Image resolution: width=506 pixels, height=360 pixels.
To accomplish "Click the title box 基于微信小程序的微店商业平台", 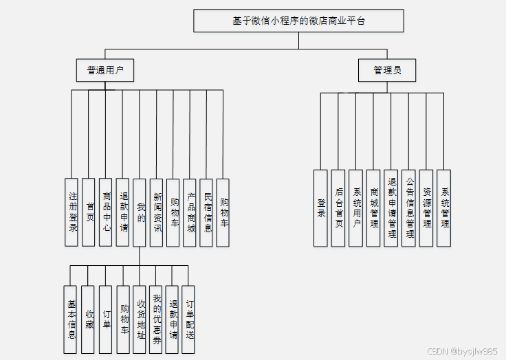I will point(298,21).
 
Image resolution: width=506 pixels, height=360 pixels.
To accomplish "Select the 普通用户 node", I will point(105,70).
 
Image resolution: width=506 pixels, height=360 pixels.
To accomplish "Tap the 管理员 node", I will point(387,70).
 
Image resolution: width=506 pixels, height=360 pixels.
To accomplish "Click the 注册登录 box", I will point(72,212).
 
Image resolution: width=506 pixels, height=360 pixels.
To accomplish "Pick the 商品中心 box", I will point(106,212).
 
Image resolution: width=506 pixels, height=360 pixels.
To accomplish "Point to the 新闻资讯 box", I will point(157,212).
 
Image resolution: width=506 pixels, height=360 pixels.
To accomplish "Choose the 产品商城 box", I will point(190,212).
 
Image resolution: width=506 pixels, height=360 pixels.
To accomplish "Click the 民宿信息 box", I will point(207,212).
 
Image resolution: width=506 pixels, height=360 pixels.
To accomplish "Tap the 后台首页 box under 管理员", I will point(338,207).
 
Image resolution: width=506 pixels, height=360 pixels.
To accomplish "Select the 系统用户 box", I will point(355,207).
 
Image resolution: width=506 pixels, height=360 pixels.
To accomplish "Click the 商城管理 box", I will point(373,207).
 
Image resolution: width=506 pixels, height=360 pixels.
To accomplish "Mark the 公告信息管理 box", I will point(409,207).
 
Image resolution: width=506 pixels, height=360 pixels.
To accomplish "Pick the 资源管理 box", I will point(426,207).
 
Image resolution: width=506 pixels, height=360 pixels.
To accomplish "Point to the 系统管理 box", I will point(444,207).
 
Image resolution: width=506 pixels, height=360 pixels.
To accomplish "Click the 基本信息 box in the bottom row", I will point(71,319).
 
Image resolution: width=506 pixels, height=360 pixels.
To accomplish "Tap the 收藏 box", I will point(88,319).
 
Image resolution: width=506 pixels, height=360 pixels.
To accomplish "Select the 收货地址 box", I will point(140,319).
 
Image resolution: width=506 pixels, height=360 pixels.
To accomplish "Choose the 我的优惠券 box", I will point(156,319).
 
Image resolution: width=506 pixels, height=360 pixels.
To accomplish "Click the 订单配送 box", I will point(188,319).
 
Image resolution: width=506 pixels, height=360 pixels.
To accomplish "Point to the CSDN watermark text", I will point(461,351).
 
